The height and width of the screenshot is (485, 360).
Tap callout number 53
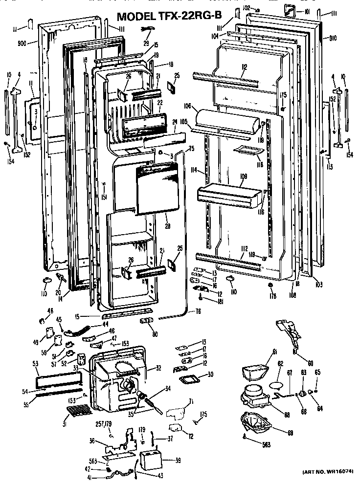tap(36, 363)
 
